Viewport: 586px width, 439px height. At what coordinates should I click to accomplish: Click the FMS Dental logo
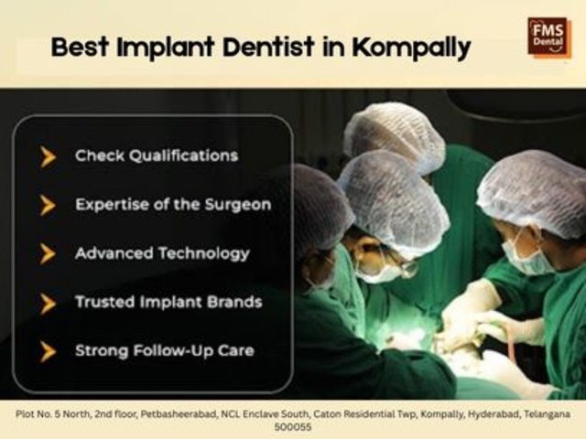click(x=549, y=38)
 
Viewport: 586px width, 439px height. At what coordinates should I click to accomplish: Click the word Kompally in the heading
click(x=411, y=48)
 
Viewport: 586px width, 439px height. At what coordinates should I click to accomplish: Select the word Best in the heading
click(x=80, y=47)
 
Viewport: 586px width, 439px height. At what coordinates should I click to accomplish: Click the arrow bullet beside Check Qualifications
click(x=48, y=156)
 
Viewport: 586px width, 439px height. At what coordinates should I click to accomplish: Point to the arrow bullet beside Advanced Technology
click(x=48, y=254)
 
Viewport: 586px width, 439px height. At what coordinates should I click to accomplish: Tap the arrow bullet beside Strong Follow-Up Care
click(x=48, y=351)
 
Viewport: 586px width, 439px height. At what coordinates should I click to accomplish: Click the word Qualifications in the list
click(x=183, y=156)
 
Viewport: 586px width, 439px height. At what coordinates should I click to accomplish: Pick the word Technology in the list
click(x=204, y=254)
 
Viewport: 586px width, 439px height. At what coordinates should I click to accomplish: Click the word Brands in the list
click(x=234, y=302)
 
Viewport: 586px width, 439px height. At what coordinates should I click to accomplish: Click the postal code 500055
click(x=293, y=427)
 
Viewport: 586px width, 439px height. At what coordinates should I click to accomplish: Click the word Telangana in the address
click(x=548, y=414)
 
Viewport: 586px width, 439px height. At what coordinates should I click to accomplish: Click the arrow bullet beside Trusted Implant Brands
click(x=48, y=303)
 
